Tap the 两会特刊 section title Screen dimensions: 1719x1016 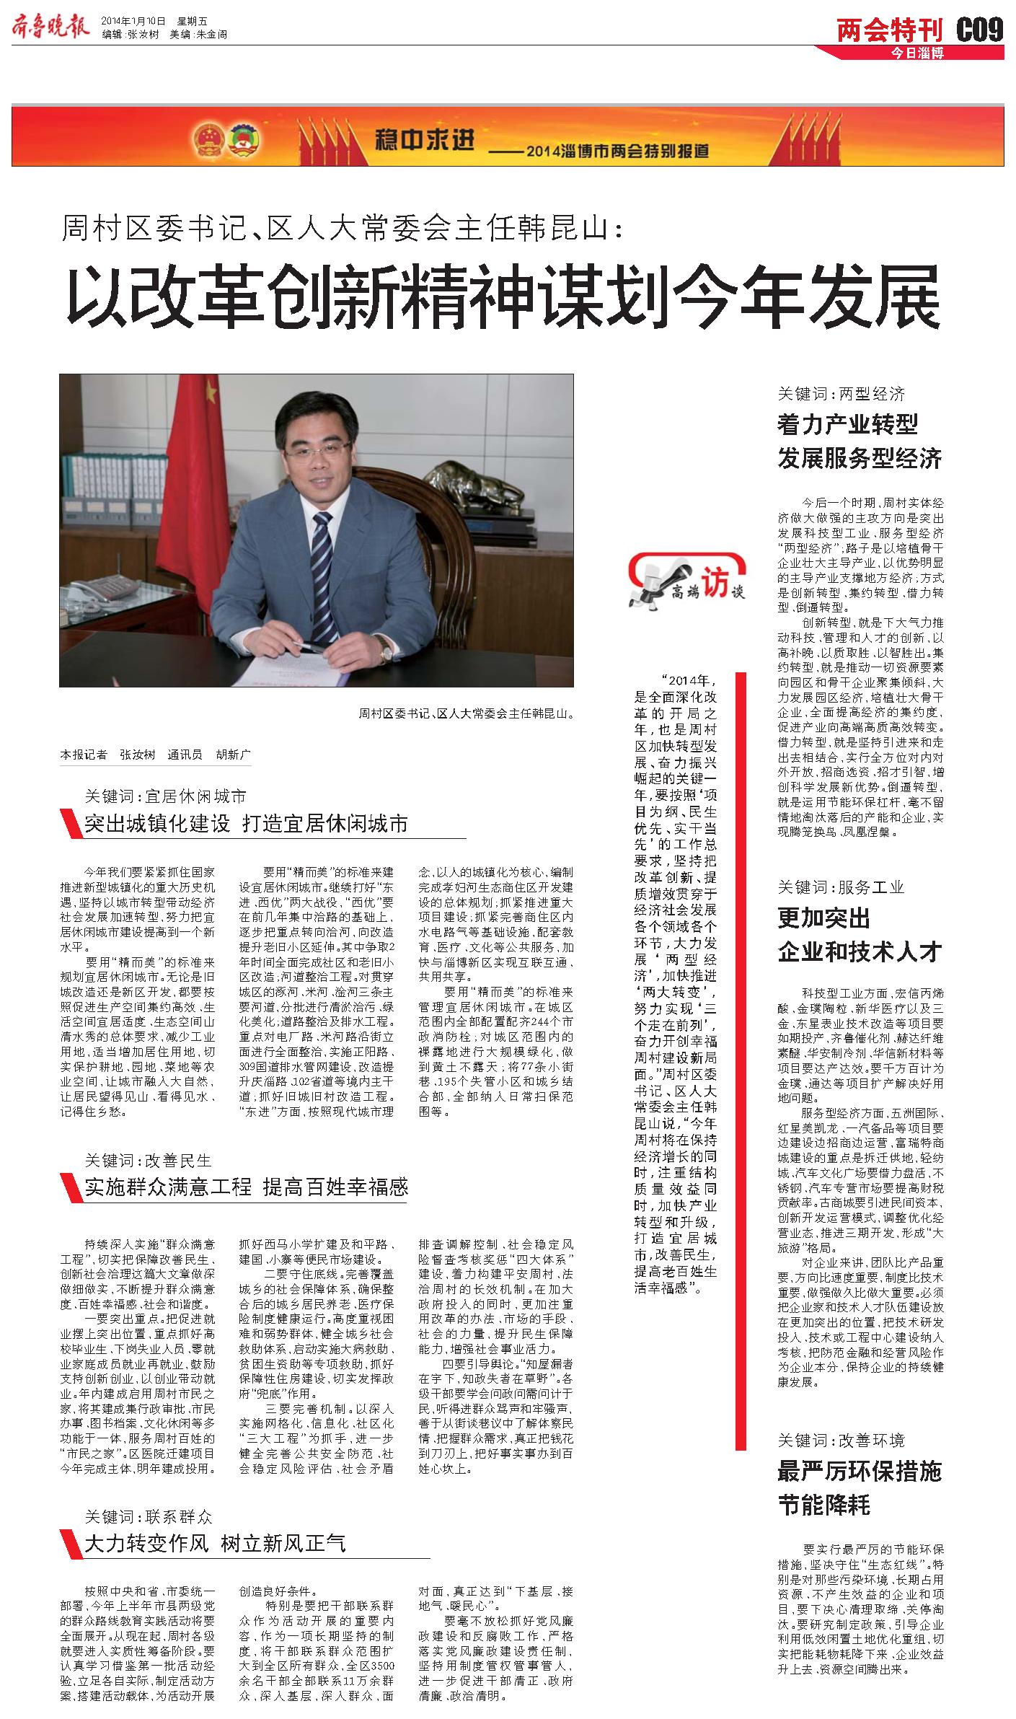tap(890, 30)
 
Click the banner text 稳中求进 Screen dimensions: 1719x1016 tap(425, 141)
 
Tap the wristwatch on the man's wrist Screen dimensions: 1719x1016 tap(386, 651)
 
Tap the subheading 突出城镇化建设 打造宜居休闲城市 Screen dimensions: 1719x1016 tap(246, 823)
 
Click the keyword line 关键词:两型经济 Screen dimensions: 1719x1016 tap(840, 394)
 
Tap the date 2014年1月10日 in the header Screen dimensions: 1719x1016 tap(134, 20)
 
